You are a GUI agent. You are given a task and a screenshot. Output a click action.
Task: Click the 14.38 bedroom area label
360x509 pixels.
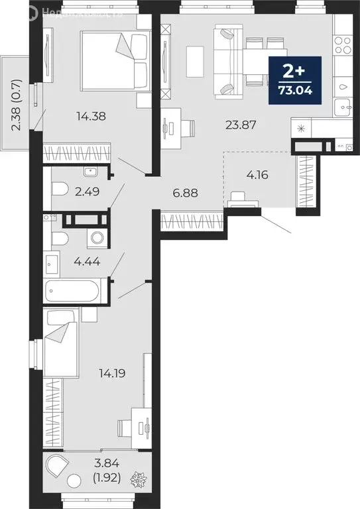[91, 117]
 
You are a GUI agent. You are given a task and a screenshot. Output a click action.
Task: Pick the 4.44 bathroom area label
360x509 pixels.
[86, 262]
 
